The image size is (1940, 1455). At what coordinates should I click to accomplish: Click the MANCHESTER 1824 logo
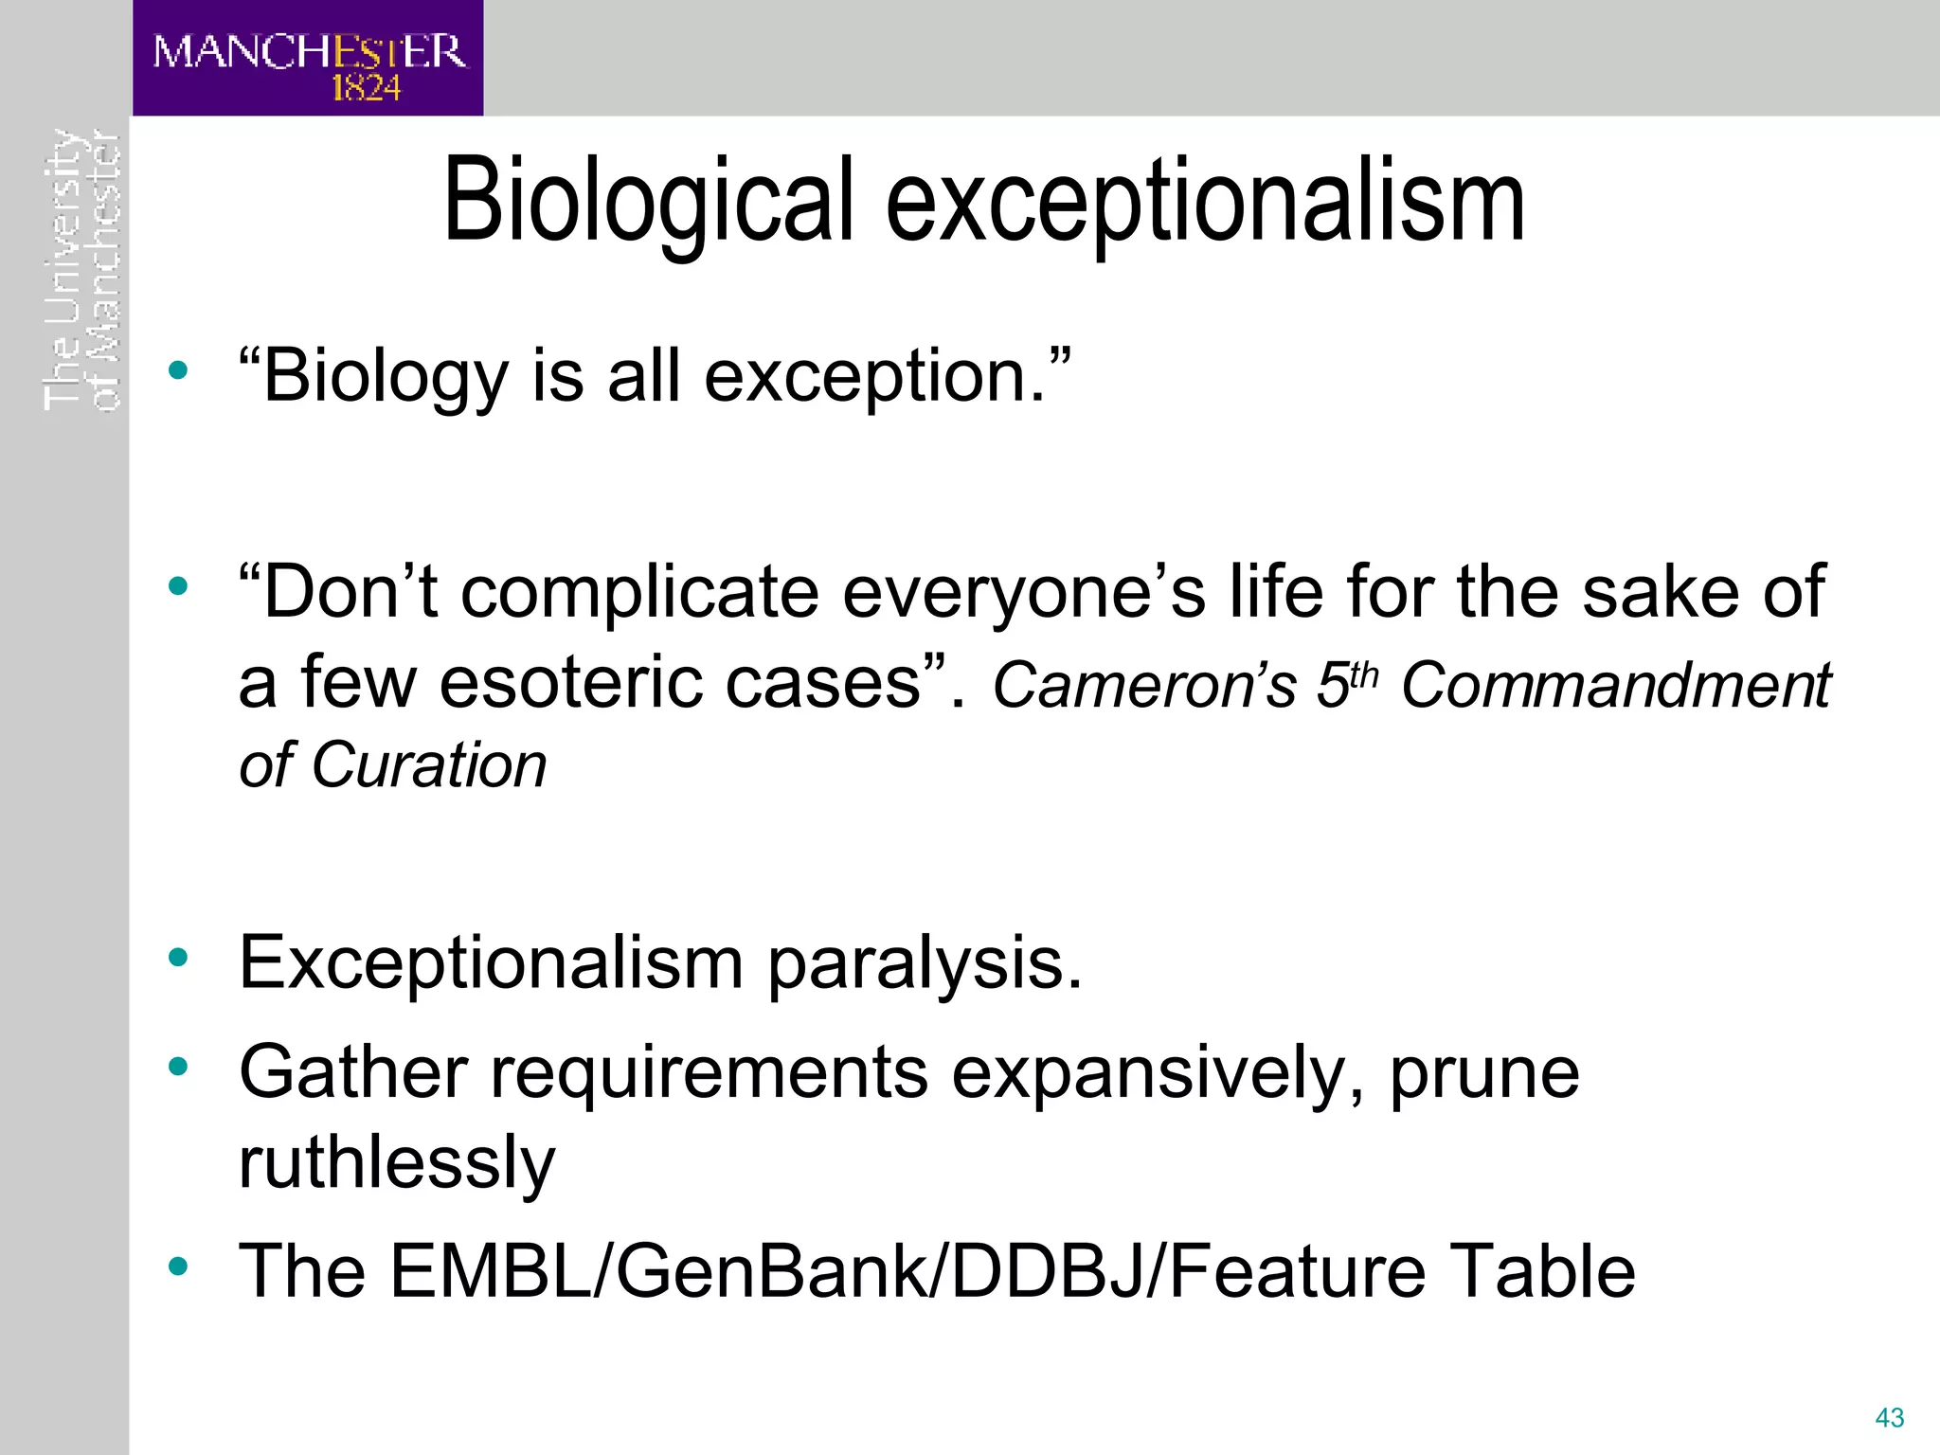308,59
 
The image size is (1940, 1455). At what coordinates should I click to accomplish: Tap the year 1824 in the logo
366,89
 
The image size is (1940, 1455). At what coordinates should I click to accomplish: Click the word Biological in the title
649,201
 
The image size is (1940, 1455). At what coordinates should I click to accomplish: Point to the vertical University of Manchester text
82,270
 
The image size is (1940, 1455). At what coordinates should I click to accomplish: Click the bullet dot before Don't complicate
178,587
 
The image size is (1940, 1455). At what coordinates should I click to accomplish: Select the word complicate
639,592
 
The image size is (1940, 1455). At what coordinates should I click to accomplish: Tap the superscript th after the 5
1365,674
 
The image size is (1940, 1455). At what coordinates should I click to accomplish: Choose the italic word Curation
428,765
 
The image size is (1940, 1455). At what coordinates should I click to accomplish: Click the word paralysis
924,964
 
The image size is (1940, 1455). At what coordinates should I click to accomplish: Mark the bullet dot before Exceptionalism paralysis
178,958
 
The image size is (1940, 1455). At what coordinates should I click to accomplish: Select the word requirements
709,1072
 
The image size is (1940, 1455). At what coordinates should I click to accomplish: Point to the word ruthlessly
396,1163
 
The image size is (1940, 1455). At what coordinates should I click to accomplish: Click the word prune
1483,1074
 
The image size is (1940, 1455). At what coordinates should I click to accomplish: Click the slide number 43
1889,1418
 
